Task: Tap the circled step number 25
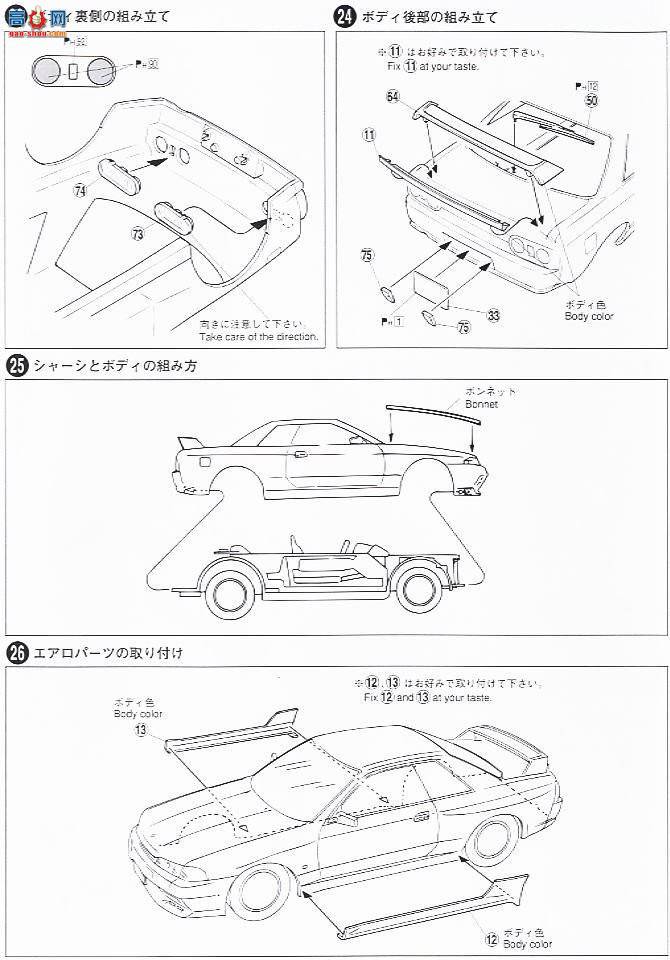tap(16, 365)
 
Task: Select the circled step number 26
tap(16, 653)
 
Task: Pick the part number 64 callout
tap(392, 96)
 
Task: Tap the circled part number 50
tap(592, 101)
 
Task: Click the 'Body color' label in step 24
tap(588, 316)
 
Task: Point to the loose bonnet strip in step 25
tap(431, 410)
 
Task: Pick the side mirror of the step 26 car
tap(345, 818)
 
